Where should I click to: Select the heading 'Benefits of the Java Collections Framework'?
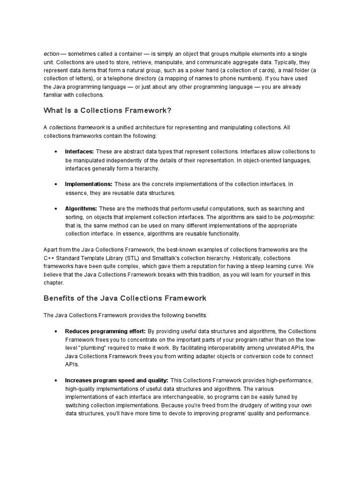(x=125, y=298)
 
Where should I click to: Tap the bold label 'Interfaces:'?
(x=79, y=151)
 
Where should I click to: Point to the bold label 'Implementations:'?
(x=89, y=184)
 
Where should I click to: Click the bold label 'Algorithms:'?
(x=81, y=208)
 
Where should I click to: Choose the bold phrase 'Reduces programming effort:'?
(x=105, y=331)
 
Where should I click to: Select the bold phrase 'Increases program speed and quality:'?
(x=117, y=380)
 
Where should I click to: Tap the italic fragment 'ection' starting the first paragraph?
(x=52, y=54)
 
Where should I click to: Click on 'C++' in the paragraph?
(x=49, y=258)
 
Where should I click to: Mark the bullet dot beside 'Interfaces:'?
(x=56, y=152)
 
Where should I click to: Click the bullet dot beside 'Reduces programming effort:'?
(x=56, y=331)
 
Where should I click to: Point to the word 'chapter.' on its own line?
(x=54, y=283)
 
